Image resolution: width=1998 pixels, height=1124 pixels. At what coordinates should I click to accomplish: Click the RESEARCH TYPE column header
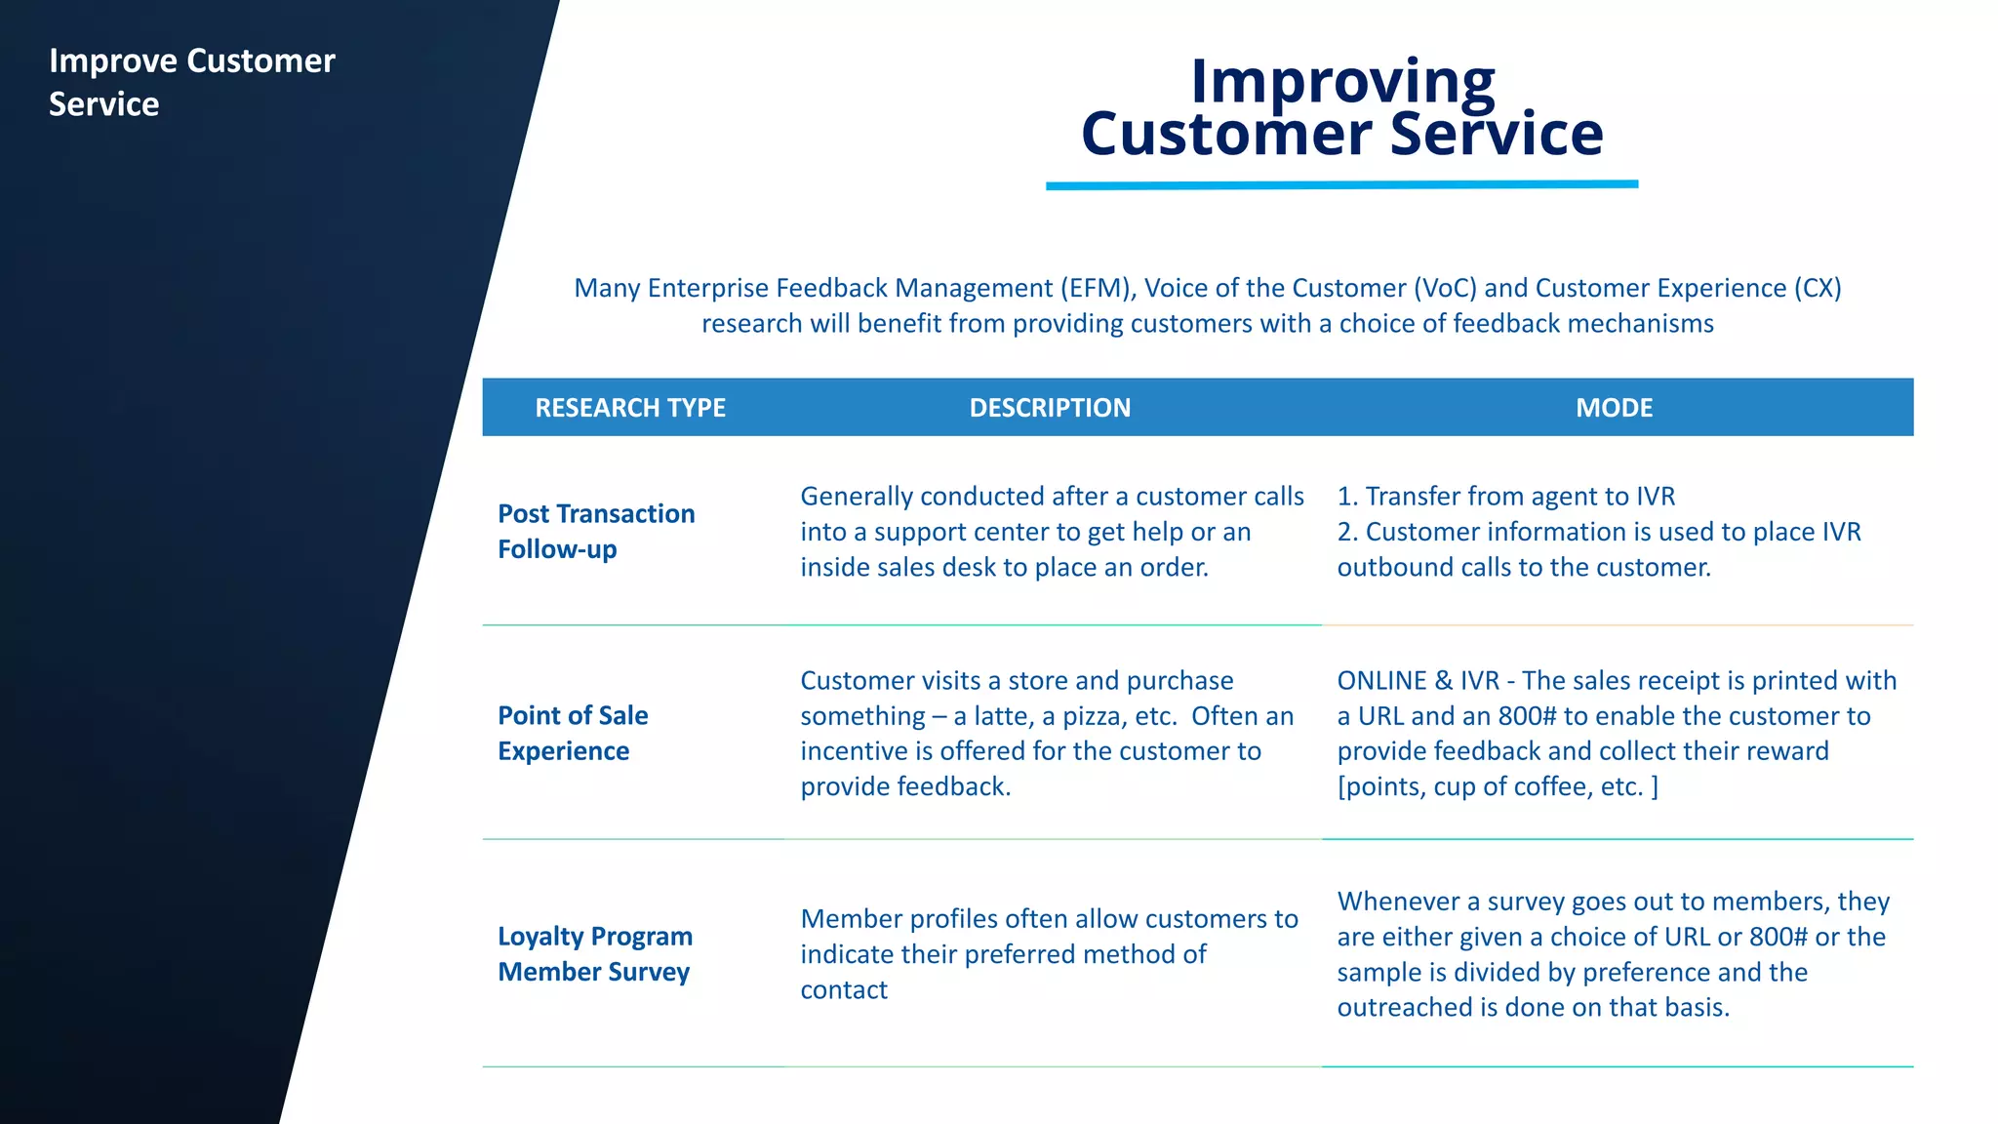click(x=630, y=408)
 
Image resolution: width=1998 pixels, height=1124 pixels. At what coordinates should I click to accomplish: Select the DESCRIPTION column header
click(x=1050, y=408)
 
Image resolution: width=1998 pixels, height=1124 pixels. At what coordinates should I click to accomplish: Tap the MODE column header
click(x=1614, y=408)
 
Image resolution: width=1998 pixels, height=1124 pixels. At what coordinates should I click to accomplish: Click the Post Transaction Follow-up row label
click(x=596, y=532)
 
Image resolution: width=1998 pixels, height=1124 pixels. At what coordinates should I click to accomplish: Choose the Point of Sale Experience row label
click(x=573, y=734)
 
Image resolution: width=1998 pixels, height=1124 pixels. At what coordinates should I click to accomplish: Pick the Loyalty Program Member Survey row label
click(x=595, y=954)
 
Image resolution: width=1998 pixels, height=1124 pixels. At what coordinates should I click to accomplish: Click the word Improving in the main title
click(x=1342, y=81)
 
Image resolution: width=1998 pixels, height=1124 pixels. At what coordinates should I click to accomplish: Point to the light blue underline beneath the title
click(x=1341, y=184)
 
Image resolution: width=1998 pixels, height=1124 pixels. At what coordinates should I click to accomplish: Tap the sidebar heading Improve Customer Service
click(x=192, y=82)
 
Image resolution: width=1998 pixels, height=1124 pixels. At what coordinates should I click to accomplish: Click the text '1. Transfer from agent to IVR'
click(x=1505, y=497)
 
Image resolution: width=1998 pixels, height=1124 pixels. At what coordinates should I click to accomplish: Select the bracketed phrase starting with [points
click(x=1497, y=787)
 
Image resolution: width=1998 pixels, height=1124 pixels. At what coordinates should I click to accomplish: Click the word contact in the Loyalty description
click(x=844, y=990)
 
